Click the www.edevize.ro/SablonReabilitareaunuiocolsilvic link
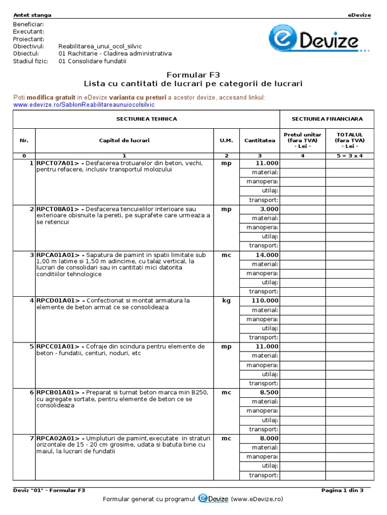click(x=84, y=105)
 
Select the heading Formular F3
click(x=193, y=73)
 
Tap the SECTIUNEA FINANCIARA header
click(x=327, y=119)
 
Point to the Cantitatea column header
click(x=260, y=140)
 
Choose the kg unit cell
click(x=226, y=301)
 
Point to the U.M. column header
click(x=226, y=140)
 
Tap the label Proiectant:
click(x=29, y=39)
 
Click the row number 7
click(x=31, y=438)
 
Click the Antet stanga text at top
click(x=32, y=15)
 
